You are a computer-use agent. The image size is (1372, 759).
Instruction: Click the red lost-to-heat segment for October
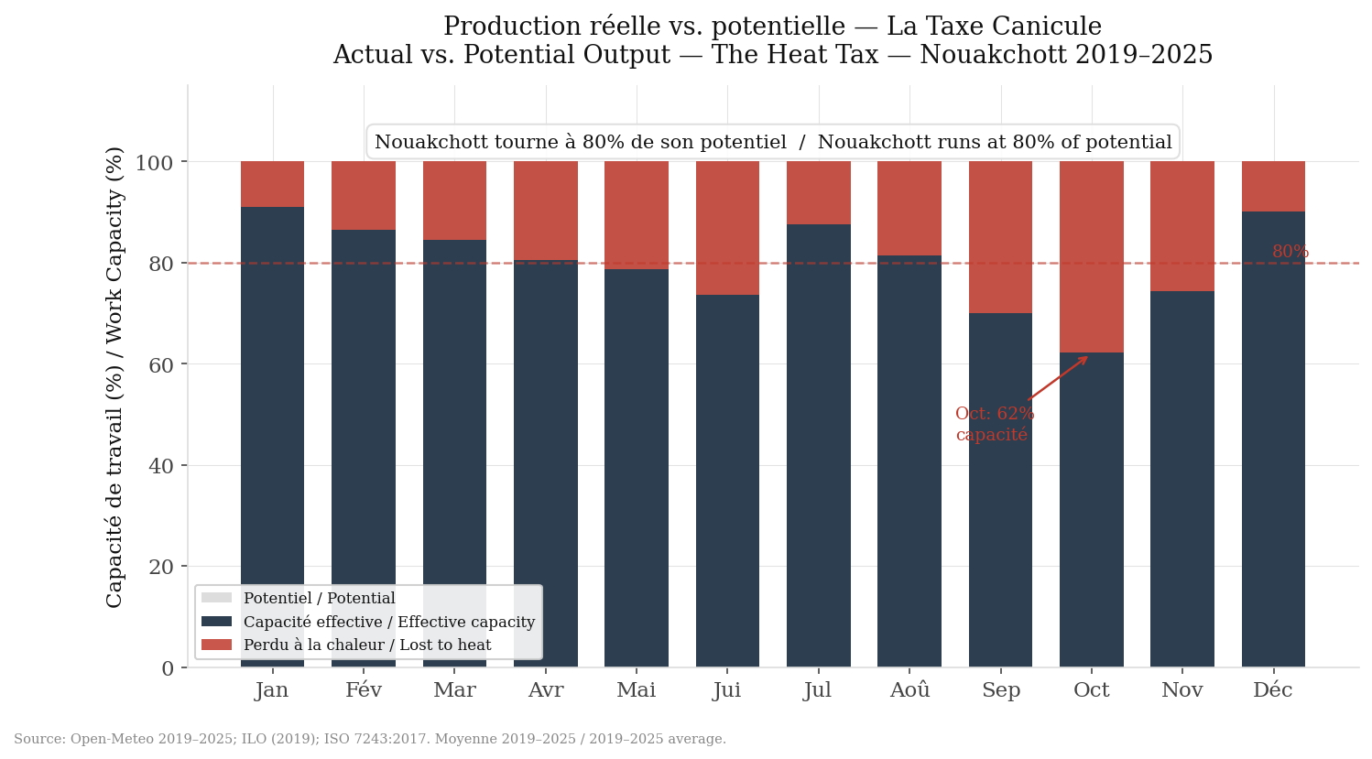pyautogui.click(x=1091, y=256)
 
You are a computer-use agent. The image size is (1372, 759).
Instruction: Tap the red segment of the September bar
pyautogui.click(x=1000, y=237)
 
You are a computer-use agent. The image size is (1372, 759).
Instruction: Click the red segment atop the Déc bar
pyautogui.click(x=1272, y=186)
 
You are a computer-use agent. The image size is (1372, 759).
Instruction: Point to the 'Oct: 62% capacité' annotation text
pyautogui.click(x=994, y=424)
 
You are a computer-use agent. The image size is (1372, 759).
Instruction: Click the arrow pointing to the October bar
pyautogui.click(x=1059, y=377)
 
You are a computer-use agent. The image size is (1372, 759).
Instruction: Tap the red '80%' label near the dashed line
pyautogui.click(x=1290, y=252)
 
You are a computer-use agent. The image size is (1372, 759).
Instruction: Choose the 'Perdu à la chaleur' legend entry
pyautogui.click(x=366, y=645)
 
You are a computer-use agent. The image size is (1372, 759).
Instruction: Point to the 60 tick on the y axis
pyautogui.click(x=160, y=364)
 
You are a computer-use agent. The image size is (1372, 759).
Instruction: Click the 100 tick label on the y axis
pyautogui.click(x=154, y=163)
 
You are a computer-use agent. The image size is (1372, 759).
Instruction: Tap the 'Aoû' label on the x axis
pyautogui.click(x=909, y=690)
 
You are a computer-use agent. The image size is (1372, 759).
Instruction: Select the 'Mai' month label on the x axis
pyautogui.click(x=636, y=690)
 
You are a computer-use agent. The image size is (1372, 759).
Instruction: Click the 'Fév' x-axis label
pyautogui.click(x=363, y=690)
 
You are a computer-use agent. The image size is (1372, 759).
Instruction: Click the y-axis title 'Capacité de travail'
pyautogui.click(x=114, y=376)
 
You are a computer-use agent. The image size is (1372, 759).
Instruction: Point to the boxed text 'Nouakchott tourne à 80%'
pyautogui.click(x=772, y=142)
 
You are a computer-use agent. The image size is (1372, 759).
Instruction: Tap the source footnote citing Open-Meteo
pyautogui.click(x=369, y=739)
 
